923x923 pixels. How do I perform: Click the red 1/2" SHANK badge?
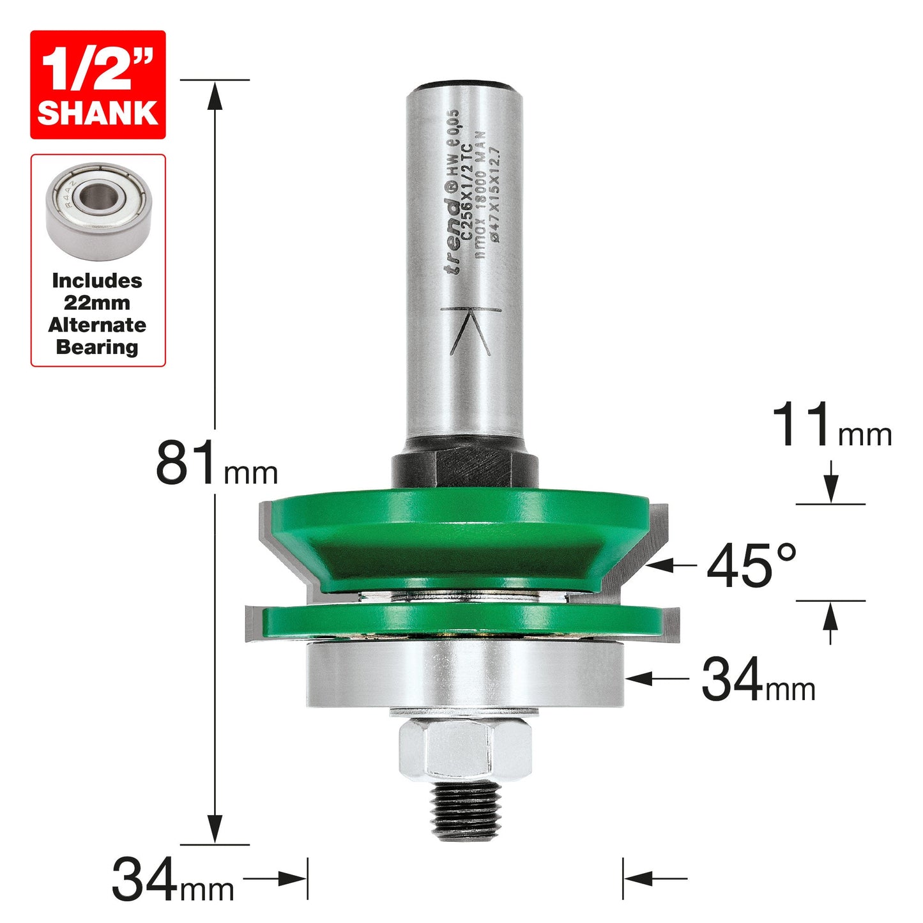pyautogui.click(x=98, y=85)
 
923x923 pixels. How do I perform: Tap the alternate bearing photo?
pyautogui.click(x=98, y=211)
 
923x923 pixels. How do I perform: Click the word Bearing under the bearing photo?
pyautogui.click(x=97, y=347)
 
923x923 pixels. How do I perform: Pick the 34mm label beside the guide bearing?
pyautogui.click(x=758, y=679)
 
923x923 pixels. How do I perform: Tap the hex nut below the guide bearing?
pyautogui.click(x=465, y=754)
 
